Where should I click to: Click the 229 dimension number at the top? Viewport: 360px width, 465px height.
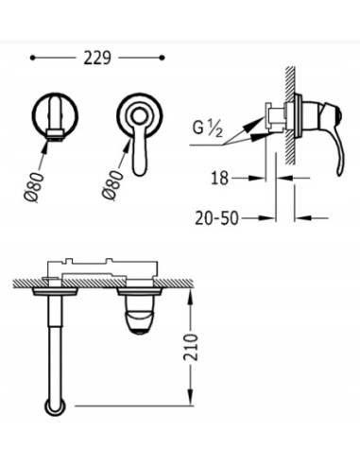pyautogui.click(x=99, y=58)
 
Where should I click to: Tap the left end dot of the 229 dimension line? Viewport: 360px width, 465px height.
pyautogui.click(x=33, y=58)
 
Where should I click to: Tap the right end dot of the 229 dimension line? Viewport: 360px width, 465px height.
pyautogui.click(x=166, y=58)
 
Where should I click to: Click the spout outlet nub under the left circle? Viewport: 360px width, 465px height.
pyautogui.click(x=57, y=139)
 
